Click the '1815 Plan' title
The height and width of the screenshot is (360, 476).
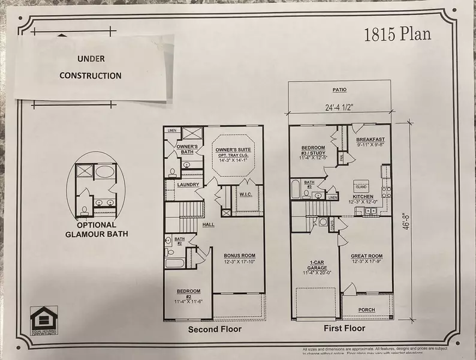[397, 34]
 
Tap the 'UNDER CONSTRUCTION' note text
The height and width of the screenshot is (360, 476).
[99, 67]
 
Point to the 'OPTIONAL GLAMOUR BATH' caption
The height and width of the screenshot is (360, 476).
[98, 230]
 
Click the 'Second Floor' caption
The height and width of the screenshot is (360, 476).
[215, 329]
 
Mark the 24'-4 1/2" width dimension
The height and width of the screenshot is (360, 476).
[339, 109]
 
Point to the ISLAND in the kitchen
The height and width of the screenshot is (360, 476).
[360, 186]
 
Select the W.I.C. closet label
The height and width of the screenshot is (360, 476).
[245, 194]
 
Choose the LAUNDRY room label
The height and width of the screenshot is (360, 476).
[188, 185]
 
